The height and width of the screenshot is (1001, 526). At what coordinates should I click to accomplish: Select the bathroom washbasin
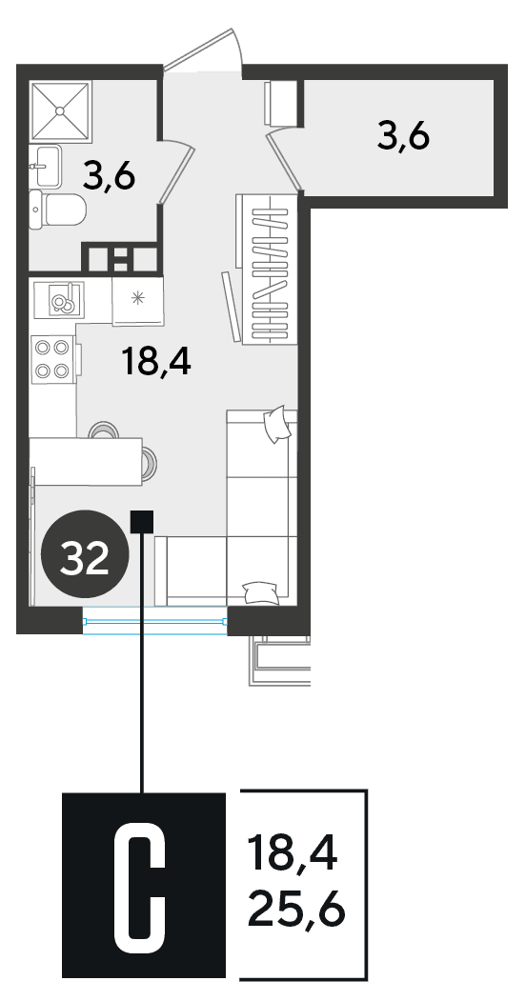pyautogui.click(x=46, y=166)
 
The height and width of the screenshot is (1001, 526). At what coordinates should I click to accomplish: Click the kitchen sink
pyautogui.click(x=63, y=299)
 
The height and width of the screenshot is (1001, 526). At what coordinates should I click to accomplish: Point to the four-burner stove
pyautogui.click(x=53, y=360)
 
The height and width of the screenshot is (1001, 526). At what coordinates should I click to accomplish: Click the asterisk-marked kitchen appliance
pyautogui.click(x=138, y=299)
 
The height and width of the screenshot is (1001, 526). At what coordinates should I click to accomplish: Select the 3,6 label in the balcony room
pyautogui.click(x=403, y=135)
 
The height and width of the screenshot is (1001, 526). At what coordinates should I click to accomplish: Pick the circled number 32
pyautogui.click(x=85, y=553)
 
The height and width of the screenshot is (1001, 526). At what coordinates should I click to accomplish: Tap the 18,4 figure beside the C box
pyautogui.click(x=293, y=853)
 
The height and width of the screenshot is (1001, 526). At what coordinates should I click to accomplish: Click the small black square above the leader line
pyautogui.click(x=142, y=522)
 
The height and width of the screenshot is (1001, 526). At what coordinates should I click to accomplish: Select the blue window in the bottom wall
pyautogui.click(x=155, y=621)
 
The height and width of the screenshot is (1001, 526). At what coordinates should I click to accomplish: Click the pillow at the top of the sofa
pyautogui.click(x=277, y=424)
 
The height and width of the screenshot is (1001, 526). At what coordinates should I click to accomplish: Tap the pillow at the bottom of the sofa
pyautogui.click(x=261, y=592)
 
